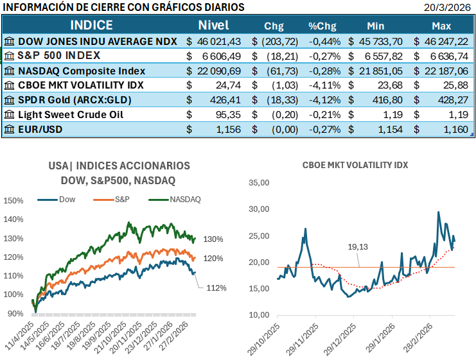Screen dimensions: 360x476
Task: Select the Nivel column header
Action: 213,26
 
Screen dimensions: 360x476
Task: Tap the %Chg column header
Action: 322,26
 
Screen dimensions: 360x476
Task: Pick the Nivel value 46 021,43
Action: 218,40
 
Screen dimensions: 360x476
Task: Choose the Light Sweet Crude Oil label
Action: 71,114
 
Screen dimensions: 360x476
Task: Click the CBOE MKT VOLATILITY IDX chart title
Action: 355,165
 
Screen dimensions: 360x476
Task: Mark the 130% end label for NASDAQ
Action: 213,239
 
